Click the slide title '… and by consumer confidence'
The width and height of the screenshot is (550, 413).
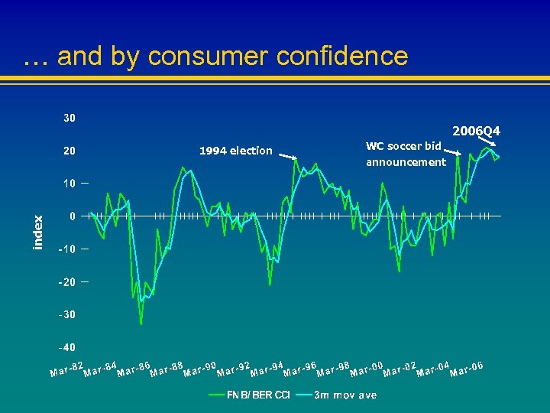[x=216, y=56]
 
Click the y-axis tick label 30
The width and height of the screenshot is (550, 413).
[x=69, y=118]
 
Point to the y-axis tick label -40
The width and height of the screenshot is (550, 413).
[x=68, y=348]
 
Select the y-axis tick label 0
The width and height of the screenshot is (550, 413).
[x=72, y=216]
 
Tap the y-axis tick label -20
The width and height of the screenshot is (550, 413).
[x=68, y=282]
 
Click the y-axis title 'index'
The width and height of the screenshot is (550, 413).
[x=38, y=232]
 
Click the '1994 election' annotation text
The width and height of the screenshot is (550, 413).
[x=235, y=151]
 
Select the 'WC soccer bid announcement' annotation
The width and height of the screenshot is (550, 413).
[x=405, y=154]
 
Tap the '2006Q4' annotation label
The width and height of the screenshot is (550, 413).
[x=475, y=132]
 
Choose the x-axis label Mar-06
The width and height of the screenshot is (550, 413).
[x=467, y=369]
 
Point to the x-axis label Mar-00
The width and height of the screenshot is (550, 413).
[x=367, y=369]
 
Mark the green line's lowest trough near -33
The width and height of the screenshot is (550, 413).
[x=141, y=324]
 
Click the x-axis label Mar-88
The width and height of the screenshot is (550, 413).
[x=167, y=369]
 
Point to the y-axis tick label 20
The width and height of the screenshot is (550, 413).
[x=69, y=151]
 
